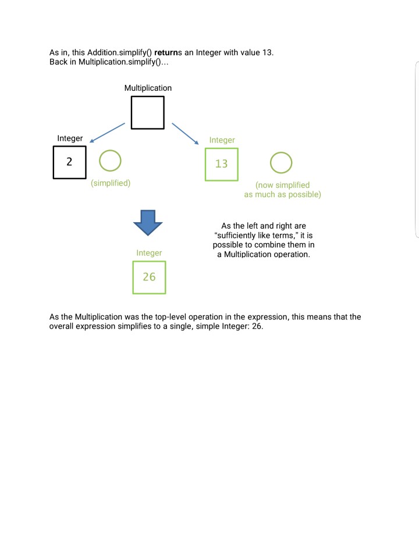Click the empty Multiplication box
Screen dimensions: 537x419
[147, 112]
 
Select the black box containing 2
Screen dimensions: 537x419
[69, 162]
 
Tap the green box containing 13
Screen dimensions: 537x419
[221, 164]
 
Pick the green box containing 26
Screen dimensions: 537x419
[149, 277]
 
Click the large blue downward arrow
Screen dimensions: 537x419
[147, 221]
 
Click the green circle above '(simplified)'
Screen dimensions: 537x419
[110, 161]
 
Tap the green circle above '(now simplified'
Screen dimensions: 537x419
[281, 163]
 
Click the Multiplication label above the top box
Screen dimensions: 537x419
[148, 88]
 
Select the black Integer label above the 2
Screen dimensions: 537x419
[70, 138]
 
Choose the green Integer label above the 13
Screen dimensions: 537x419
[222, 140]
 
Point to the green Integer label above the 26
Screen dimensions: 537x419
[149, 253]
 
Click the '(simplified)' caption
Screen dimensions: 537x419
[111, 183]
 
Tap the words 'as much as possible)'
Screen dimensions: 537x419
[282, 194]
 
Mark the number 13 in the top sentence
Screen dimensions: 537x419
[267, 53]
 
